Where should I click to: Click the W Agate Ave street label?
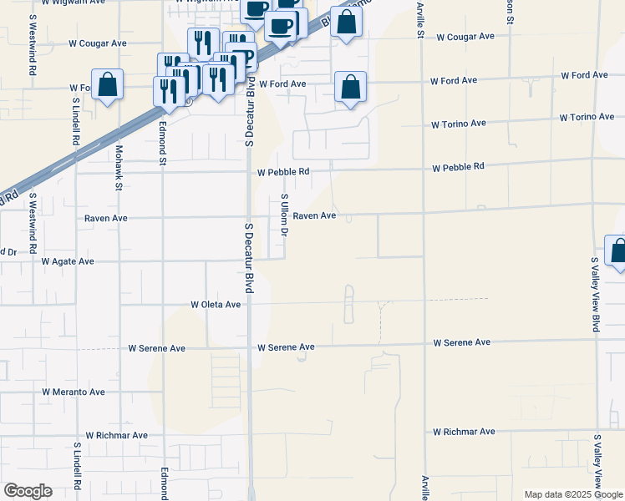(x=68, y=261)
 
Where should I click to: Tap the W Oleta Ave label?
(x=216, y=305)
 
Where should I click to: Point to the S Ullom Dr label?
(x=284, y=215)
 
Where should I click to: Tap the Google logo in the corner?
(x=28, y=491)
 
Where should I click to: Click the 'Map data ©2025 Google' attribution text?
(x=572, y=494)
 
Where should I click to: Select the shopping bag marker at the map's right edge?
(x=617, y=251)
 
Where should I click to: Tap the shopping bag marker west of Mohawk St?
(x=107, y=85)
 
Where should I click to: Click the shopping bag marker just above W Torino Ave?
(x=350, y=88)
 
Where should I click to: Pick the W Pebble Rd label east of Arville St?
(x=458, y=167)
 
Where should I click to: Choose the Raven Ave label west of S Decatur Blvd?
(x=106, y=218)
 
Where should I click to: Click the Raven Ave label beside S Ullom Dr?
(x=314, y=215)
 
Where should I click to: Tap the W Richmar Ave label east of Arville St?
(x=464, y=432)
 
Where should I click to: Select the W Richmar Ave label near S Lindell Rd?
(x=116, y=435)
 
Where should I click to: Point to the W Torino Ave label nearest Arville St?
(x=458, y=124)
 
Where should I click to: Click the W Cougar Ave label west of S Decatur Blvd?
(x=98, y=43)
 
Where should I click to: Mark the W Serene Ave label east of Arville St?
(x=461, y=343)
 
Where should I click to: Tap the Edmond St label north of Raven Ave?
(x=163, y=147)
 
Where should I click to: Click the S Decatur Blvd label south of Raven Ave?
(x=249, y=257)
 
